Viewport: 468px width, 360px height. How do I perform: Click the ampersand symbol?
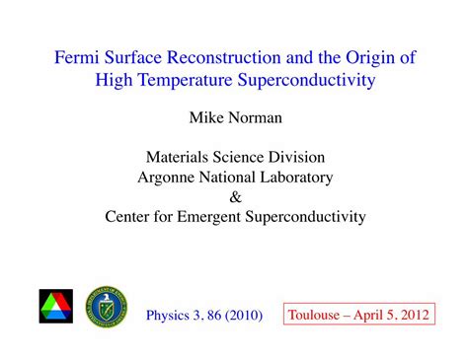click(234, 196)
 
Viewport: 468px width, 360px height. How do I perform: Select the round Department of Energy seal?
click(107, 307)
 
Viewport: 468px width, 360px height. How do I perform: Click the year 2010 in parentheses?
click(242, 316)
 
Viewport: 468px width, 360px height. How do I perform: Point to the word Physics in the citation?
click(170, 316)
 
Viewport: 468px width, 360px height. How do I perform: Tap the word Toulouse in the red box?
click(315, 316)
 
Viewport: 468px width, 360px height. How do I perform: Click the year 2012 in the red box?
click(414, 316)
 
